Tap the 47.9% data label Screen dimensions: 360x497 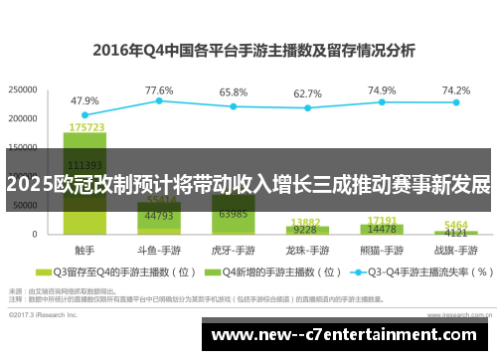[x=84, y=100]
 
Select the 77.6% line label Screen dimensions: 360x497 [x=159, y=90]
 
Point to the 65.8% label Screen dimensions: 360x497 [x=234, y=91]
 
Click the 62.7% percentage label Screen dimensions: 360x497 [x=308, y=93]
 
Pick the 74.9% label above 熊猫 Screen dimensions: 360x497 [x=382, y=90]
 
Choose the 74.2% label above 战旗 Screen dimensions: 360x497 [x=456, y=90]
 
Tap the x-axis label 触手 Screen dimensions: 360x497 [x=84, y=249]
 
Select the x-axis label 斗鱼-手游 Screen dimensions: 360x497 [x=159, y=249]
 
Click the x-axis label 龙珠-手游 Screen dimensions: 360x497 [x=308, y=249]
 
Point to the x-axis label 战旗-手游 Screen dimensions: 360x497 [x=456, y=249]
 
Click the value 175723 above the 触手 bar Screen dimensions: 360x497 [x=86, y=127]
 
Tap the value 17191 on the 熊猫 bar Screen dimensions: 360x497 [x=383, y=220]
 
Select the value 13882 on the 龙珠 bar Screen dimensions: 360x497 [x=306, y=222]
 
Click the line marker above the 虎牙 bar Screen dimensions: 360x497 [x=234, y=106]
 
